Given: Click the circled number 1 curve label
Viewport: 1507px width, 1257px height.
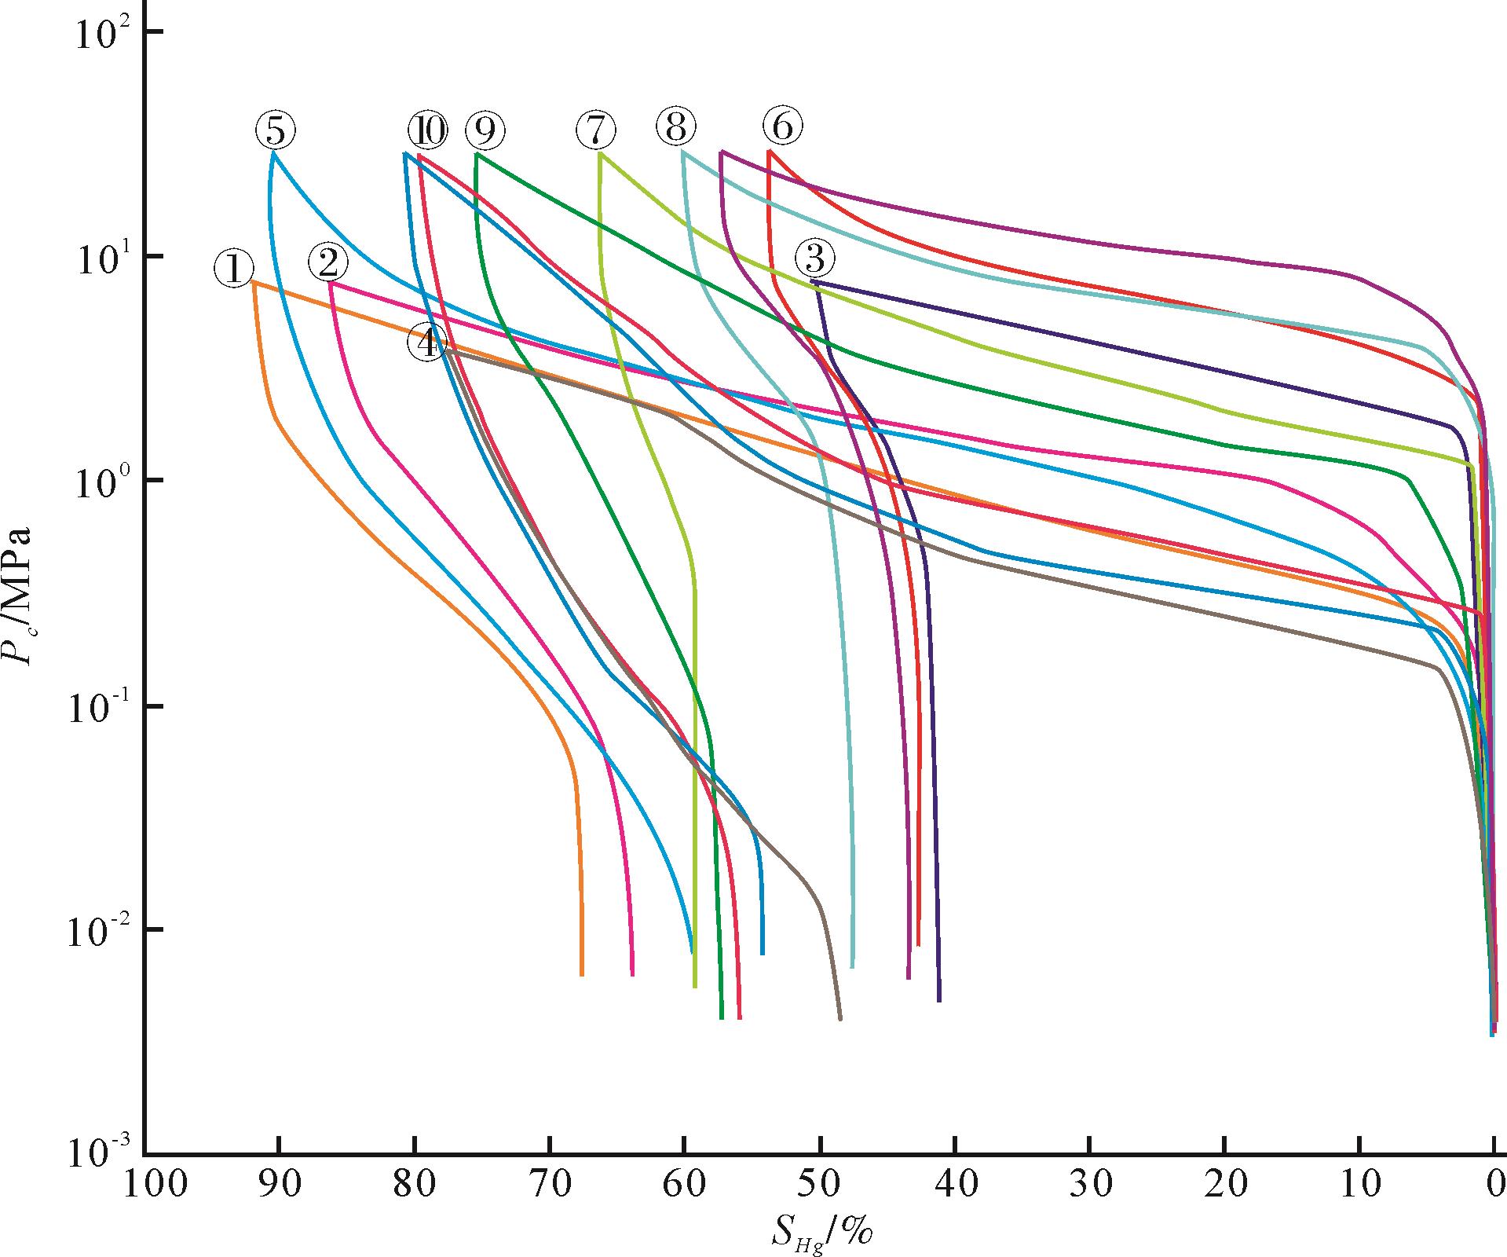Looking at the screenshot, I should click(233, 269).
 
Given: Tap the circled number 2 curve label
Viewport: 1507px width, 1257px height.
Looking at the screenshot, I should click(327, 262).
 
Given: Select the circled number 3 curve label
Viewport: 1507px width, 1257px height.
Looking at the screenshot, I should click(814, 258).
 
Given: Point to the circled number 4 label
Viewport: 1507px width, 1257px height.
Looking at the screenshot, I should click(427, 343).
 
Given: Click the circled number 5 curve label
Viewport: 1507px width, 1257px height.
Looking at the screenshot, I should click(276, 131).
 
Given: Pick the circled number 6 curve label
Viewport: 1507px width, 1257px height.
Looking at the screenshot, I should click(783, 126).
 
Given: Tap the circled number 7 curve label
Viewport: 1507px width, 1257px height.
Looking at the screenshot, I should click(596, 129).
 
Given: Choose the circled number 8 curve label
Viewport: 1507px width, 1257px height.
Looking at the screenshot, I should click(676, 127).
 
